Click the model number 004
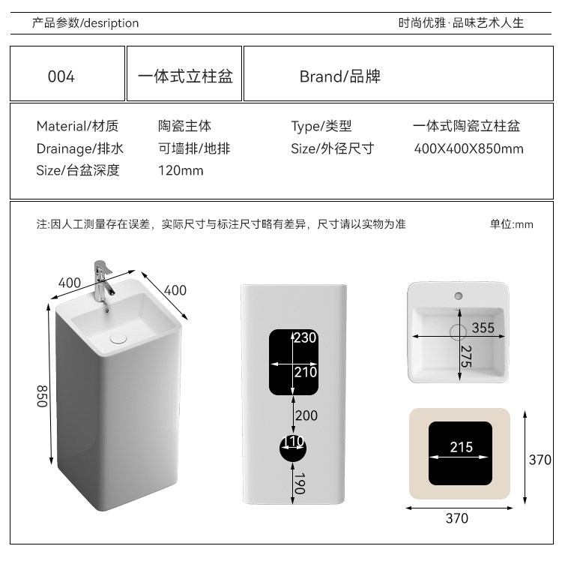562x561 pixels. tap(61, 76)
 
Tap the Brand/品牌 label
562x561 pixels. tap(339, 76)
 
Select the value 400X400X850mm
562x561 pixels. tap(468, 148)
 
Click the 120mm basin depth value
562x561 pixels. tap(181, 170)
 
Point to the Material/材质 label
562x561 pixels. tap(77, 127)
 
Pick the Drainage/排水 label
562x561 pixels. tap(79, 148)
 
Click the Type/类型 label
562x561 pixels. tap(321, 127)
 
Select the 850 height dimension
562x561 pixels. tap(43, 395)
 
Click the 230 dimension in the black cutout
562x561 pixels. tap(305, 337)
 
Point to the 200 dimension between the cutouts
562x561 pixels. tap(306, 415)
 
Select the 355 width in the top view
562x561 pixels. tap(483, 328)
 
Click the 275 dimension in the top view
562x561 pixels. tap(465, 356)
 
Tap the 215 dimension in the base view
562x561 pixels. tap(461, 447)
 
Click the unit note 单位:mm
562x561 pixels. tap(511, 224)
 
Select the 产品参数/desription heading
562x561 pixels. tap(85, 23)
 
